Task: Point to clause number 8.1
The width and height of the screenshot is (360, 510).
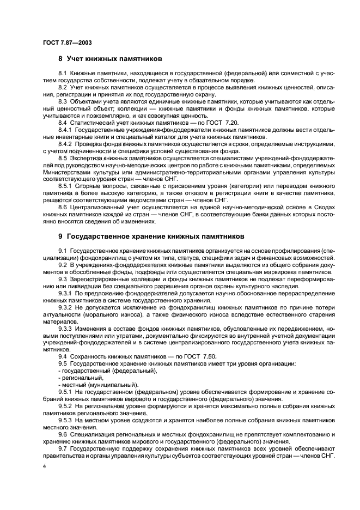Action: click(63, 73)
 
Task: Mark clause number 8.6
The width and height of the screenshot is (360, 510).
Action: click(63, 208)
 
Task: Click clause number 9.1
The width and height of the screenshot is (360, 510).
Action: click(63, 250)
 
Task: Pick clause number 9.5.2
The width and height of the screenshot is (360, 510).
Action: click(65, 406)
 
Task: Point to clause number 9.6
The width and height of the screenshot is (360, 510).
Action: click(63, 434)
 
